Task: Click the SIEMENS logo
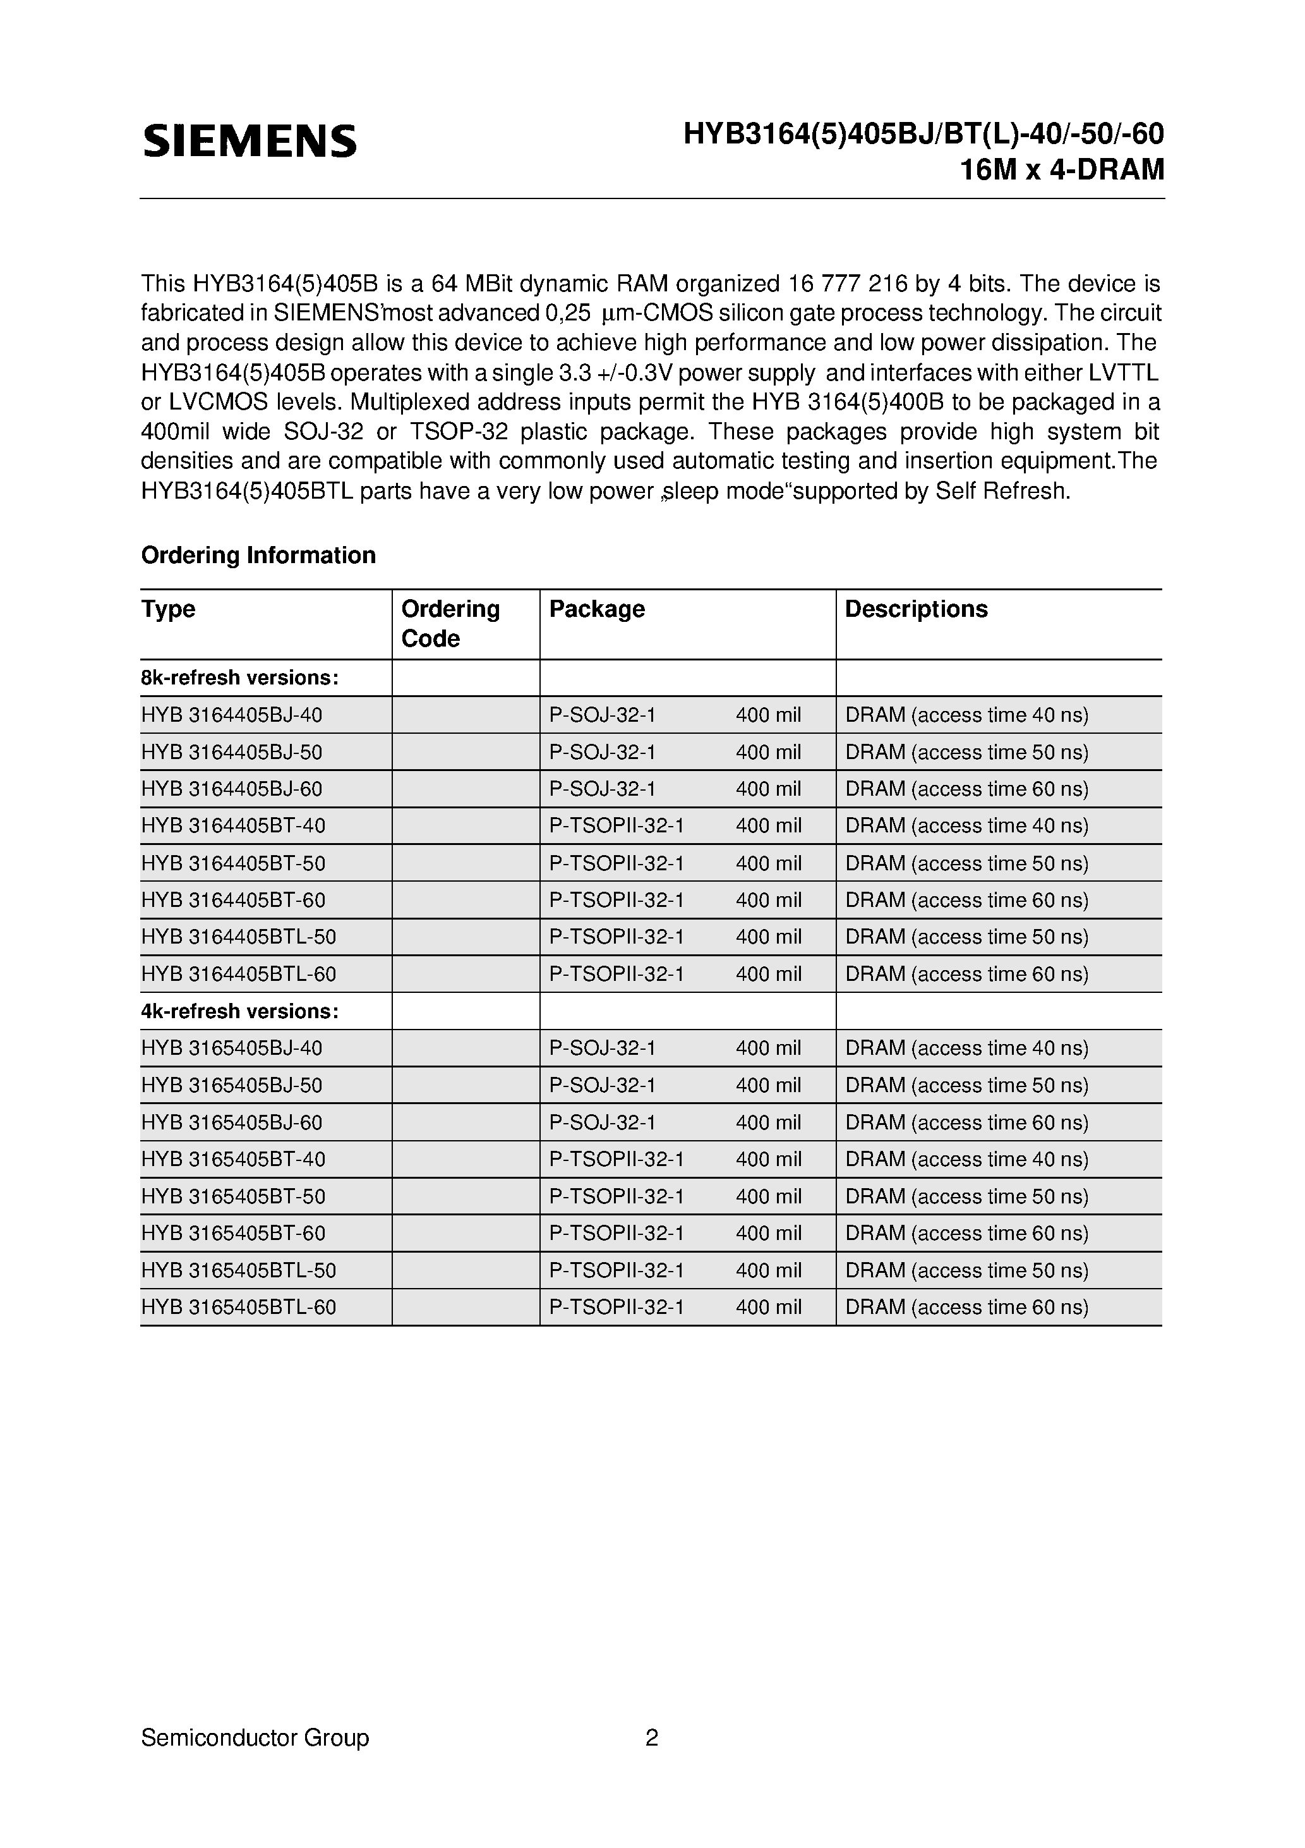point(250,141)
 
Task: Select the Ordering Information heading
point(258,556)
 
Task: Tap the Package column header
point(597,609)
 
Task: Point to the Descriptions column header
point(916,609)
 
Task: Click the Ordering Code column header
point(450,624)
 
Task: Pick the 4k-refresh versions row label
point(240,1012)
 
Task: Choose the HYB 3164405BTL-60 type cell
point(238,975)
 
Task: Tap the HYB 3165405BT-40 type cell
point(233,1160)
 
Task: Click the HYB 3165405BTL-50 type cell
point(238,1271)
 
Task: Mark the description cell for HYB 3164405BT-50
point(966,863)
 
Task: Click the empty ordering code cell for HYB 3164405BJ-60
point(466,789)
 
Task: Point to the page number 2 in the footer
point(652,1738)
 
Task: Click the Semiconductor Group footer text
point(255,1738)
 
